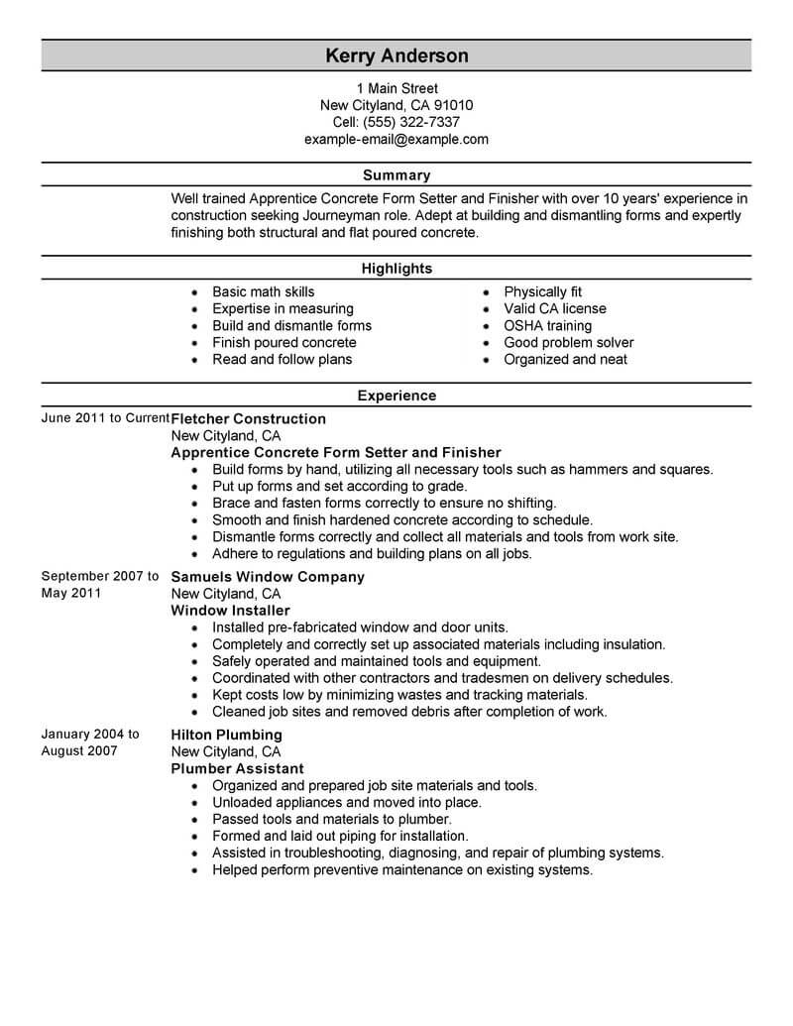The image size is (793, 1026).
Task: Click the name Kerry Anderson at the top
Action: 396,56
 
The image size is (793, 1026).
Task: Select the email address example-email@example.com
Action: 396,139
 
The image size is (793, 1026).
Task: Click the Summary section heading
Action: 396,175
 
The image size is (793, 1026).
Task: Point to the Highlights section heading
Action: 396,269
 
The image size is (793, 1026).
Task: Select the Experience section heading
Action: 396,396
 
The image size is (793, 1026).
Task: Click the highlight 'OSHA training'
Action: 547,325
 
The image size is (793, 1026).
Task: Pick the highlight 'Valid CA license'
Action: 554,308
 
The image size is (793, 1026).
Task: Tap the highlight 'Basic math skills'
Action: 263,291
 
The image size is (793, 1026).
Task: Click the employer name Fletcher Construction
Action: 248,418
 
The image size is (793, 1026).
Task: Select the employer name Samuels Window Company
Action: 268,576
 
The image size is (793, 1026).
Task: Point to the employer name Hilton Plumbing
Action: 226,735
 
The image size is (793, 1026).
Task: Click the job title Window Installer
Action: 230,610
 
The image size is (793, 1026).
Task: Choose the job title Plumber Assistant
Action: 237,768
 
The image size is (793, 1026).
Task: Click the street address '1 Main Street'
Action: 396,88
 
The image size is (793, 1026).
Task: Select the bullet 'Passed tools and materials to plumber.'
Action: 331,819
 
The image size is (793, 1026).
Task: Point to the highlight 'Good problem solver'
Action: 568,342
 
